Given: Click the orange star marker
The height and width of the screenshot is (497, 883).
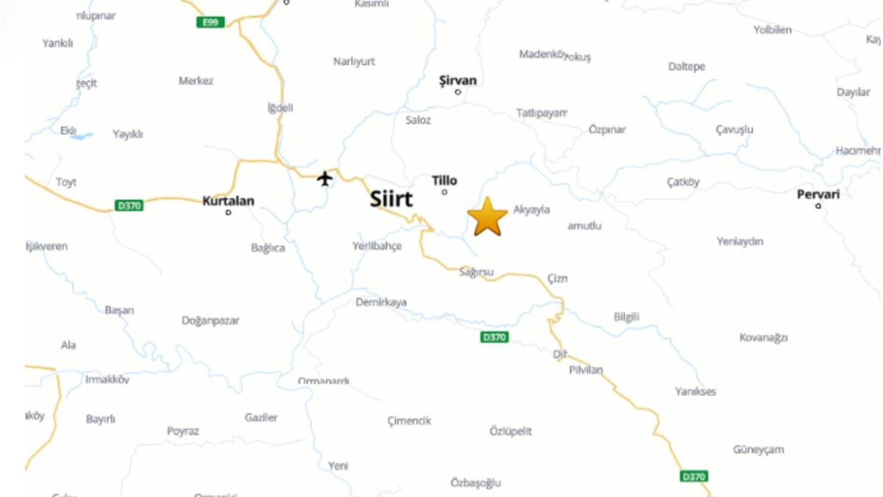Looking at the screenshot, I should [x=487, y=217].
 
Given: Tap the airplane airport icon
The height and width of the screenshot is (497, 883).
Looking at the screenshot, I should [x=325, y=178].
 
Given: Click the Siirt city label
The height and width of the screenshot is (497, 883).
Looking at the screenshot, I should [x=391, y=199].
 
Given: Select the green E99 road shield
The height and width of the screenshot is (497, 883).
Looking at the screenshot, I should [x=210, y=22].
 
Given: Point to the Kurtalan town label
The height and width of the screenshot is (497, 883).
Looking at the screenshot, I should [x=228, y=200].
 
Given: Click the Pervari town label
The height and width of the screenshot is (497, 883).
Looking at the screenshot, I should [x=818, y=194].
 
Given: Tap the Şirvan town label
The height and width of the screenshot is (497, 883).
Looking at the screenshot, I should [x=458, y=80].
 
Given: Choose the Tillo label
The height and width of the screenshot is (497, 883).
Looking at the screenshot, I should [x=444, y=180].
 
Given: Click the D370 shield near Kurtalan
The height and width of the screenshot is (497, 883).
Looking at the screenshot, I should [x=130, y=206].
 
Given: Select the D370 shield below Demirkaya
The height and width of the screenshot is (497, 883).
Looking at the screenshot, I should [x=494, y=337].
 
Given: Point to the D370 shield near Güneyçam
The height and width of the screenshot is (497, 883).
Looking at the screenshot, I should [x=693, y=476].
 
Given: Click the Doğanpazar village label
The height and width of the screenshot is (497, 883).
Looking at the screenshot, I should [x=210, y=321].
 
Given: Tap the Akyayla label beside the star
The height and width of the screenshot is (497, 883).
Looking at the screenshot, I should [x=531, y=210].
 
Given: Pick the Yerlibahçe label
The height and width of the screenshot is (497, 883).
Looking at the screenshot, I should [x=377, y=246].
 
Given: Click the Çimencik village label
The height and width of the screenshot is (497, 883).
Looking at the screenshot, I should [x=409, y=421].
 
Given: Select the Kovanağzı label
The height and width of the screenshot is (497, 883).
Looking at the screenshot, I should [x=763, y=337].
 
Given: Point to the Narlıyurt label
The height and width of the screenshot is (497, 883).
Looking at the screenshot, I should [x=354, y=61].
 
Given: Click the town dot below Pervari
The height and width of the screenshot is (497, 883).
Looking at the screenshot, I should [x=818, y=206].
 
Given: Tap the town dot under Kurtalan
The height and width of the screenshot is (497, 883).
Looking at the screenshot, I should [x=228, y=212].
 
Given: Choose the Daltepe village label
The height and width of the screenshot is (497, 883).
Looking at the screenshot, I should [x=687, y=66].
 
